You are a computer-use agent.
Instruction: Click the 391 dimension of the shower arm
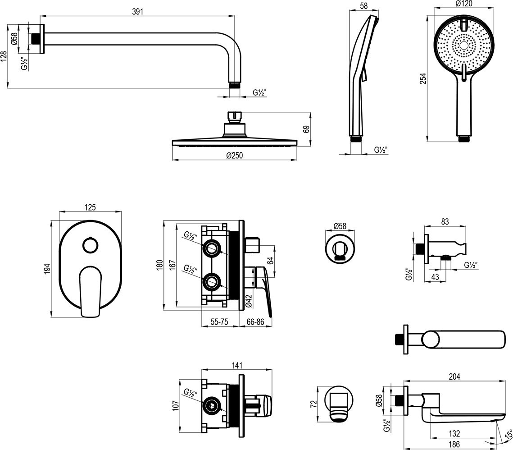138,12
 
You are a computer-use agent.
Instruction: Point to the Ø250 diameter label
235,155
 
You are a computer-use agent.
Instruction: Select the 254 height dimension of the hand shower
422,78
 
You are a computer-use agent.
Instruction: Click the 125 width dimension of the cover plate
91,207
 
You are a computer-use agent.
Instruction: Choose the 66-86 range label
255,322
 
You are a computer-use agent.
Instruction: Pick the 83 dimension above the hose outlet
445,221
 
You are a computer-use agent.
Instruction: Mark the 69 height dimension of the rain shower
306,129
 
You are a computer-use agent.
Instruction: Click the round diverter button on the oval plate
90,246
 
